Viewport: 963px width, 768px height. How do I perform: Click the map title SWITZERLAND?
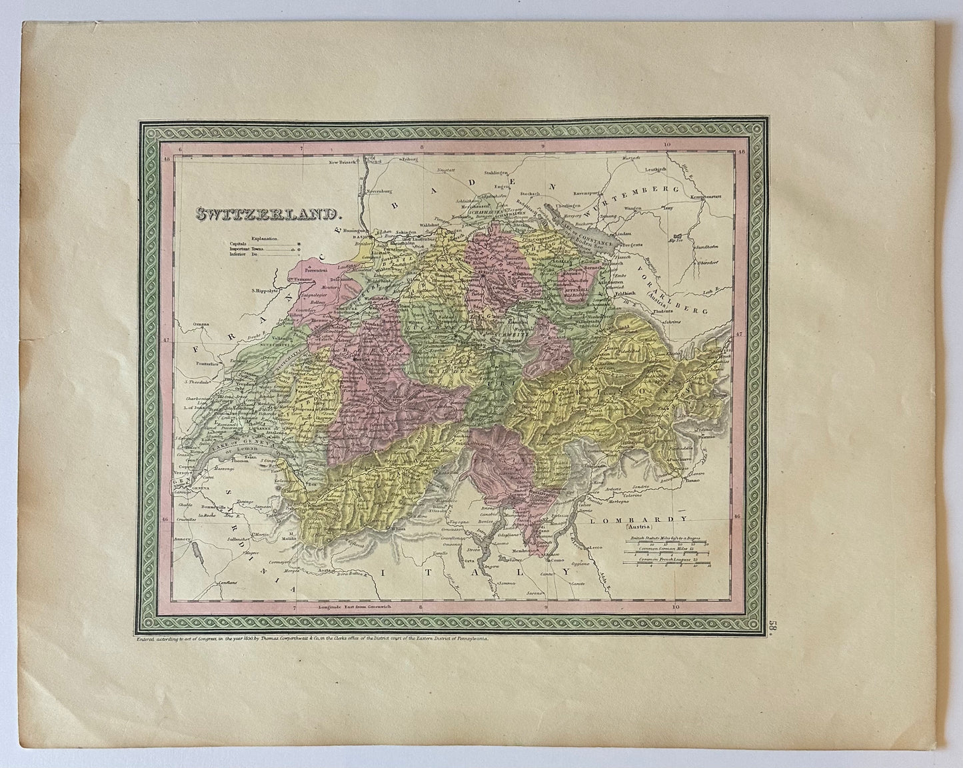point(267,214)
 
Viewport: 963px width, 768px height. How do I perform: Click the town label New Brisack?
point(341,162)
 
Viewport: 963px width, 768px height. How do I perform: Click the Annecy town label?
point(183,537)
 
